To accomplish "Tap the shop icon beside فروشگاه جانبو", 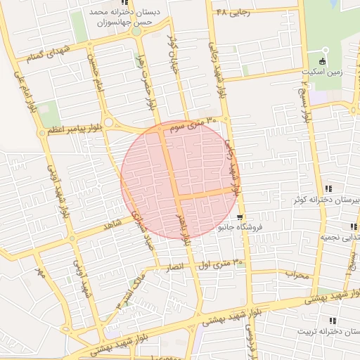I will (240, 217).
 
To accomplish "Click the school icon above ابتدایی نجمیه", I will (353, 226).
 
